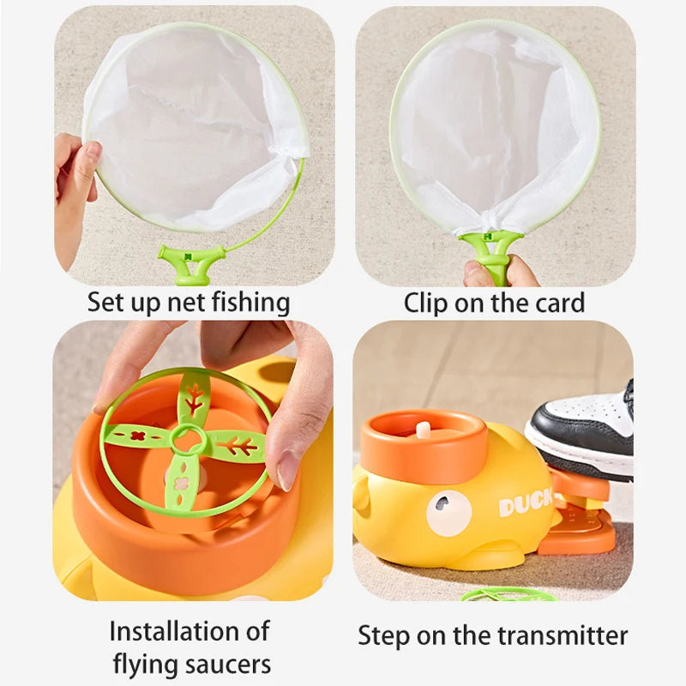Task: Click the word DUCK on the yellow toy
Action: [x=526, y=505]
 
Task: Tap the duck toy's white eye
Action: [x=448, y=514]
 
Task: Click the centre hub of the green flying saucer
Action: [x=188, y=441]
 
